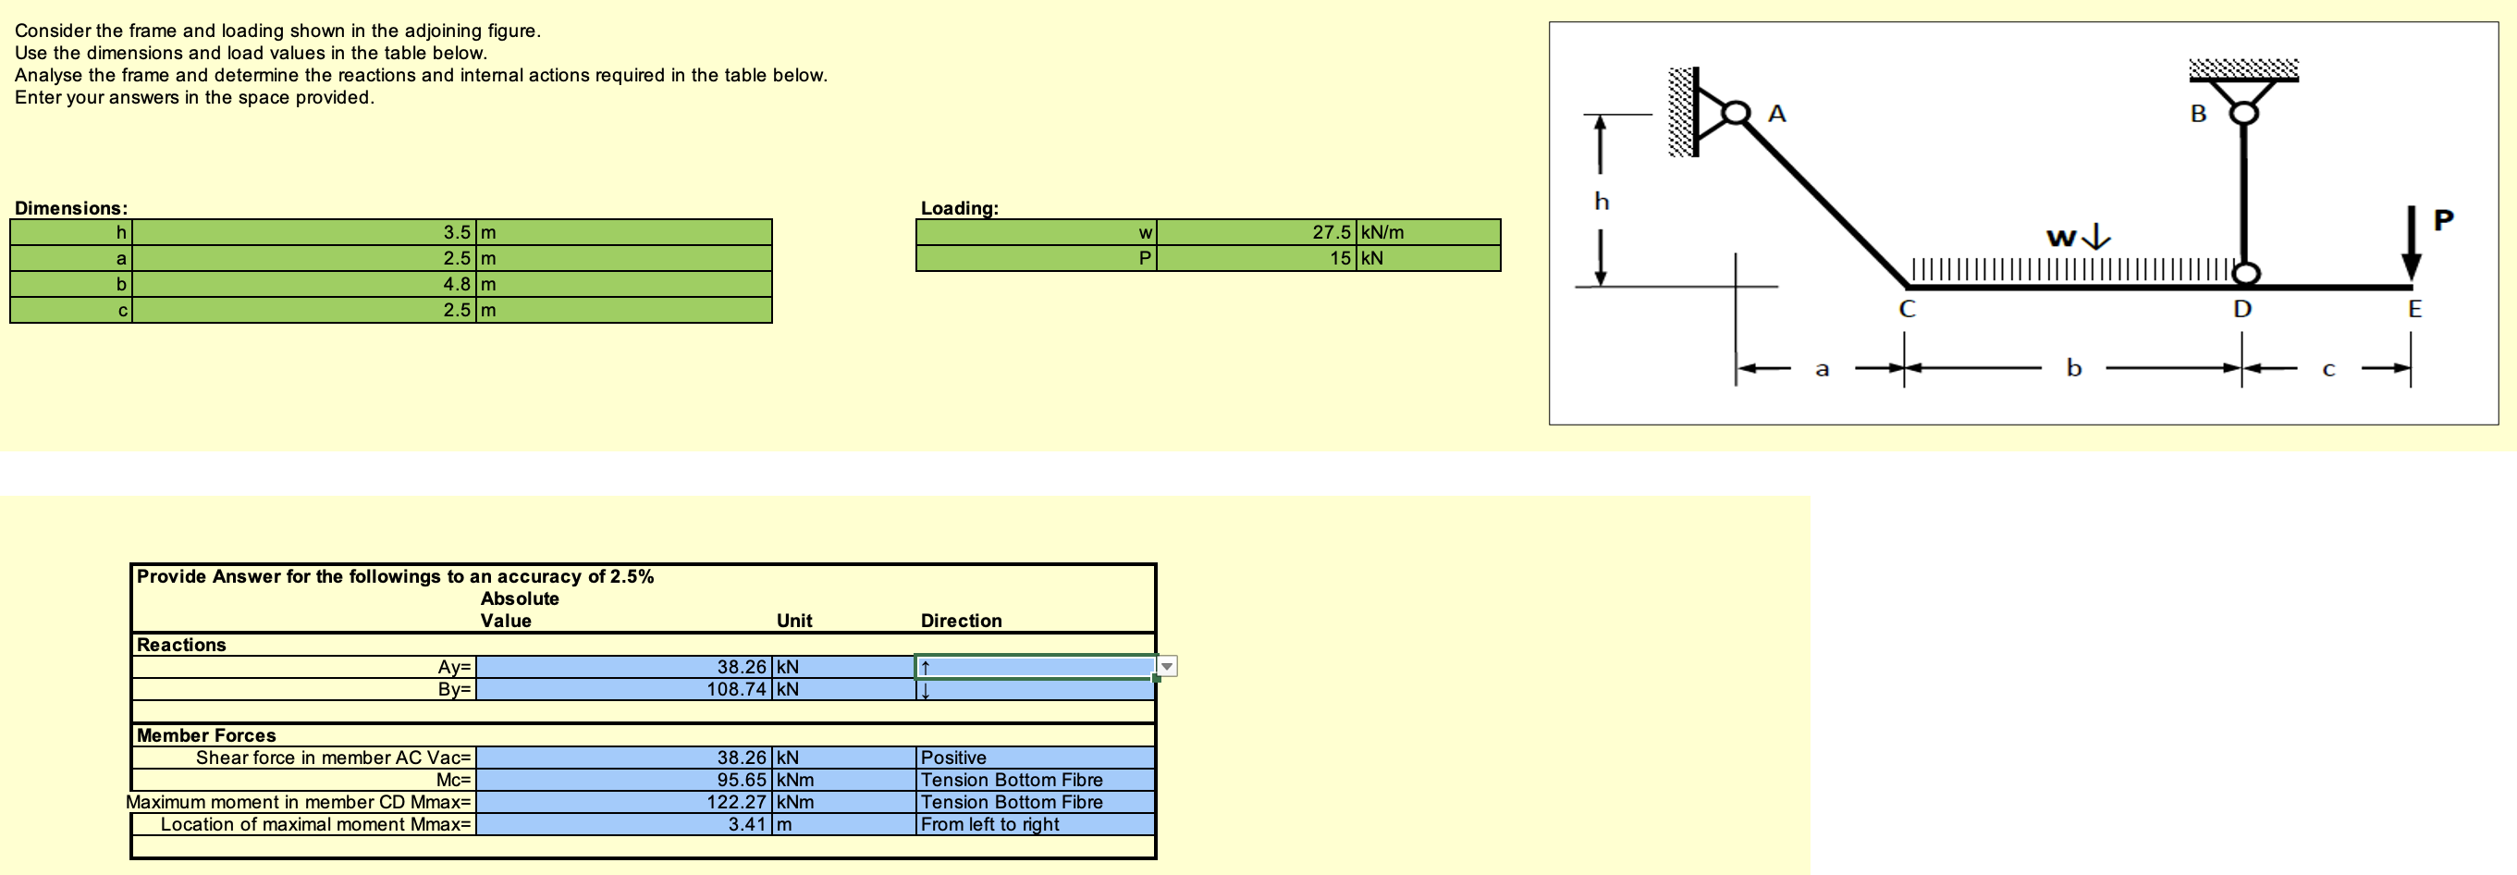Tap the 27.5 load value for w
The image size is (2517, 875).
coord(1331,233)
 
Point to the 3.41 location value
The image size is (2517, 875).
coord(746,825)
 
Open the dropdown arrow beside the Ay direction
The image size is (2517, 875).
coord(1167,667)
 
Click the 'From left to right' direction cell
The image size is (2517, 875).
coord(989,825)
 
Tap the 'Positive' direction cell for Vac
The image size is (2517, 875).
coord(953,758)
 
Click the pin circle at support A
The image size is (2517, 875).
coord(1736,114)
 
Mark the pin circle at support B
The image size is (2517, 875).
coord(2243,113)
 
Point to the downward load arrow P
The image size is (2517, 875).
coord(2411,244)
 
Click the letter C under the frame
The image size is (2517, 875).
coord(1907,310)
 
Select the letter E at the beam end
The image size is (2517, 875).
coord(2414,310)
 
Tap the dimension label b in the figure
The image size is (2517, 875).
coord(2073,368)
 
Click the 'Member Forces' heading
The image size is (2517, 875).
coord(206,735)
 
